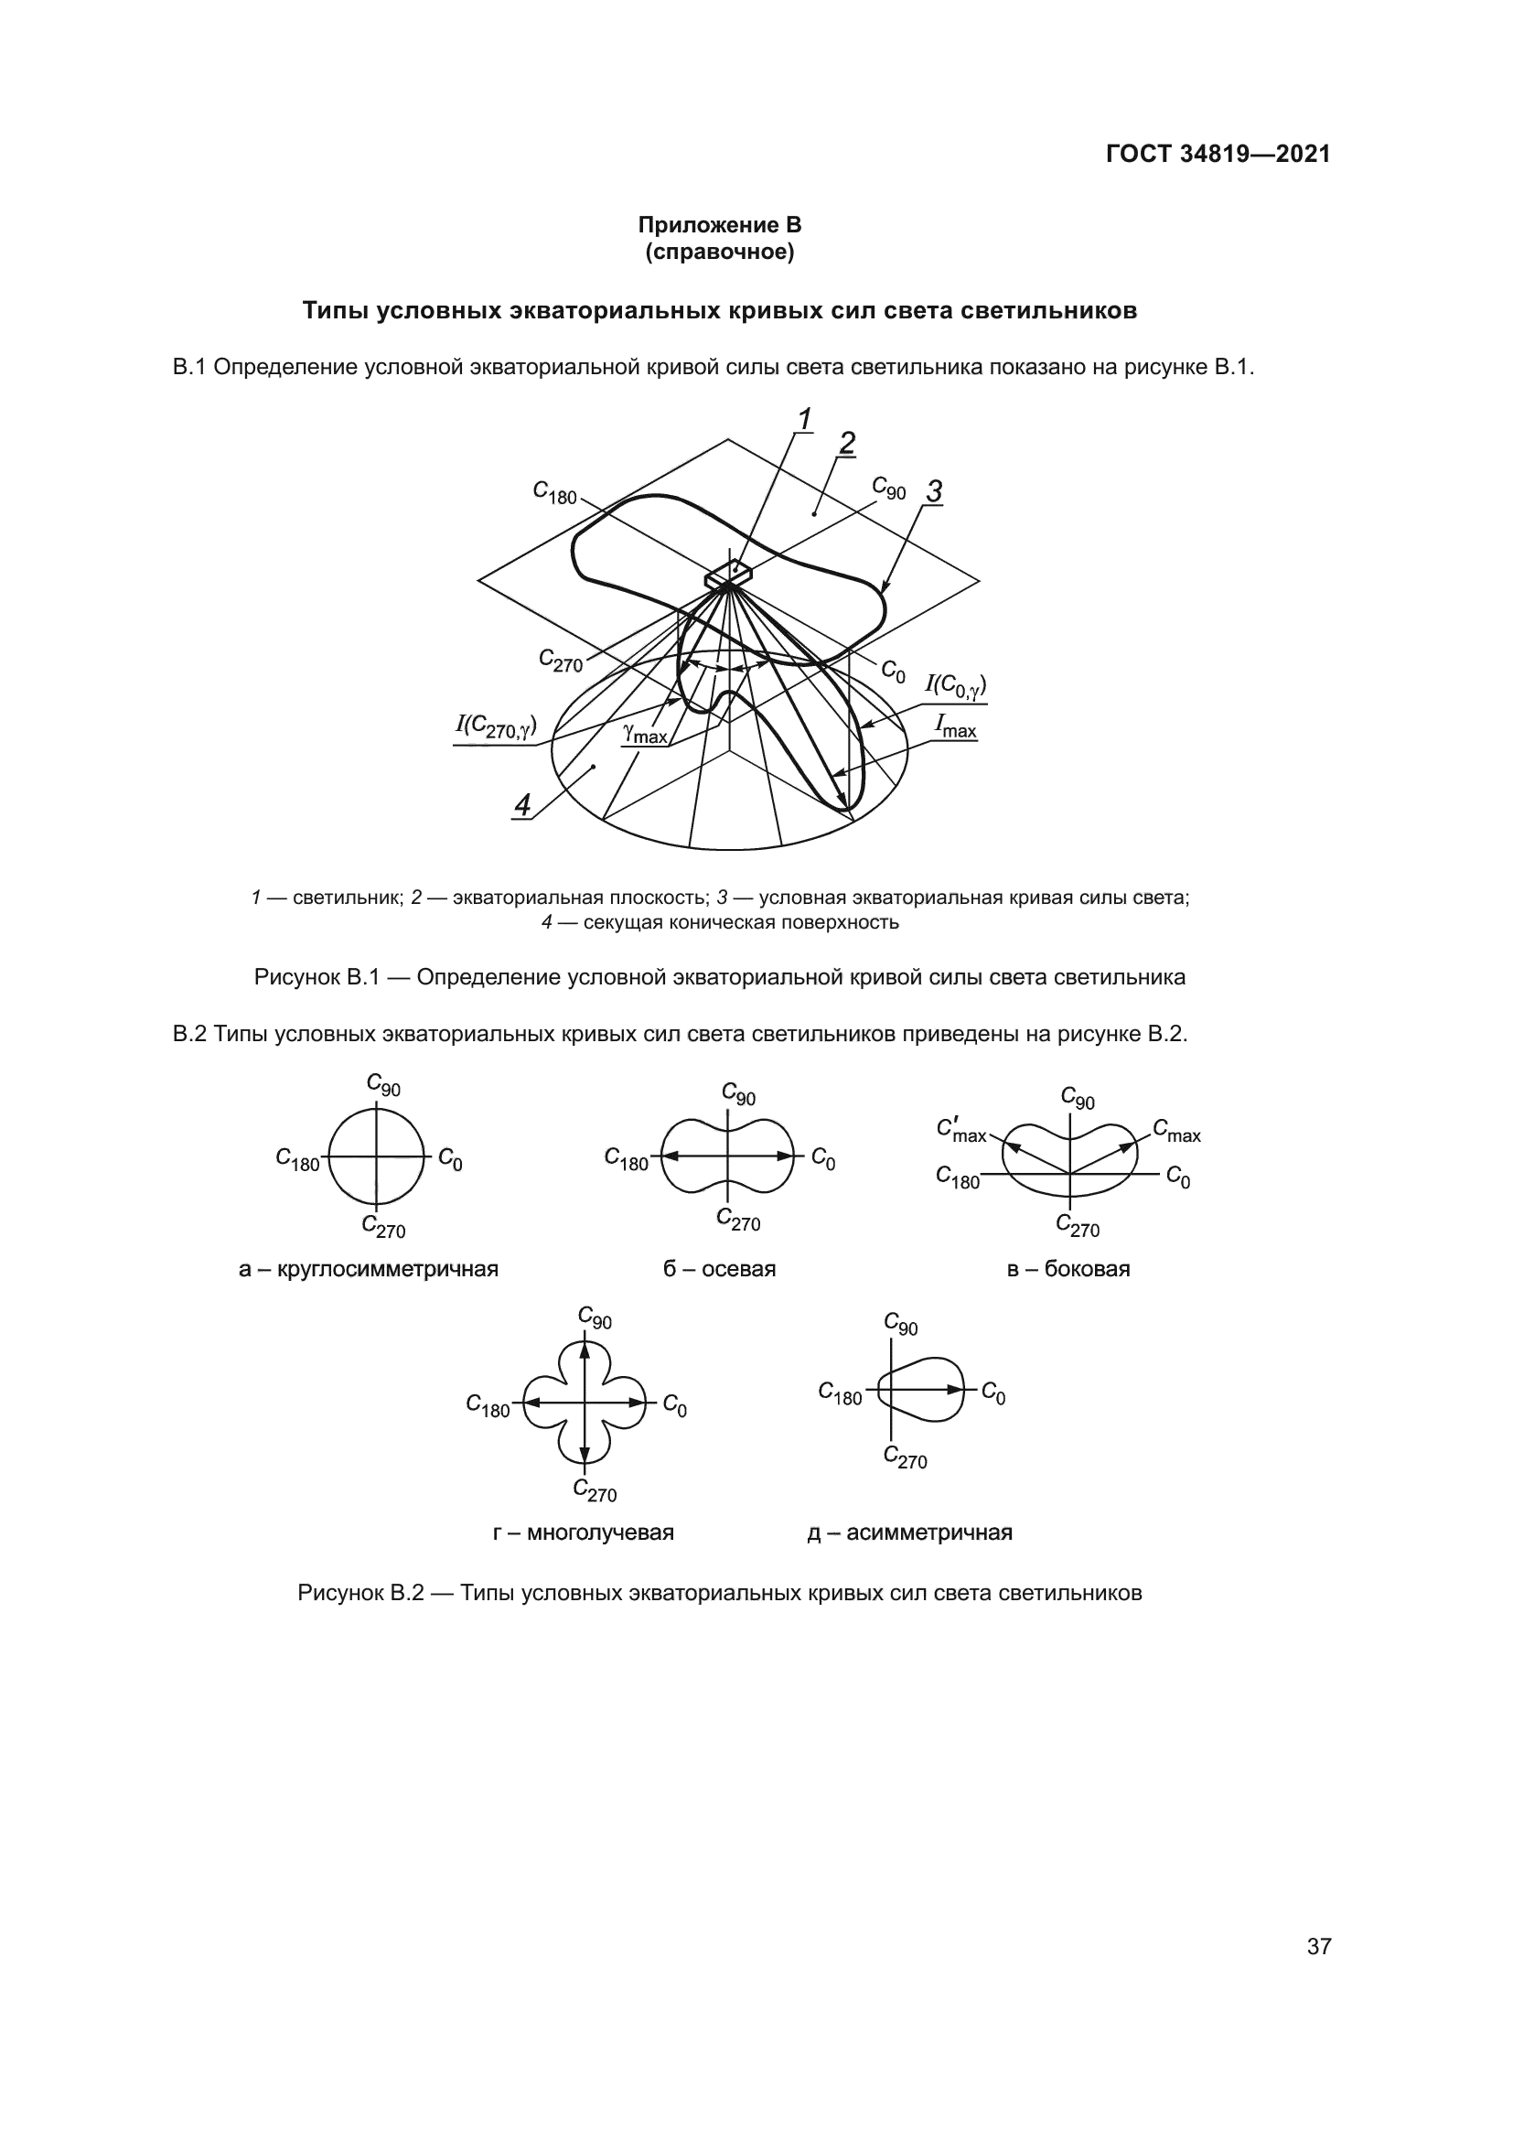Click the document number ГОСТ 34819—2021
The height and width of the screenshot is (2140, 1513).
click(x=1218, y=154)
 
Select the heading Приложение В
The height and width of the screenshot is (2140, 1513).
click(x=719, y=225)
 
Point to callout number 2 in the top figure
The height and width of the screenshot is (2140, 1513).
click(x=846, y=443)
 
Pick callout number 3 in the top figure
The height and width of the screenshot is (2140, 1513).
click(x=934, y=491)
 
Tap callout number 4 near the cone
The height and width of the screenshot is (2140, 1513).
click(x=522, y=804)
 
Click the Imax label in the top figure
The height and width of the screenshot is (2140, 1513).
click(x=956, y=727)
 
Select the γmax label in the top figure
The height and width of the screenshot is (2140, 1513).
click(x=646, y=734)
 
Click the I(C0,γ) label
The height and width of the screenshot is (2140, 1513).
click(x=955, y=686)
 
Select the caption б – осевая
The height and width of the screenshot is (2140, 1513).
click(x=719, y=1268)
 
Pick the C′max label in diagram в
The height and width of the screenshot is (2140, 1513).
click(x=961, y=1131)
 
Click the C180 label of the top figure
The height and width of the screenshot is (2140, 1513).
click(x=555, y=492)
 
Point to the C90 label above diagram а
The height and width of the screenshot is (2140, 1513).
click(x=383, y=1084)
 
